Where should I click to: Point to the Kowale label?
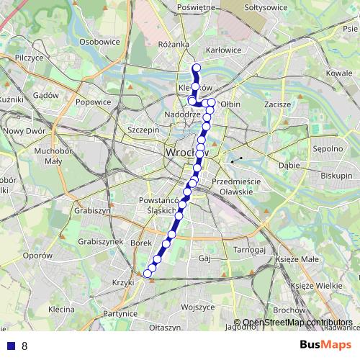click(x=339, y=73)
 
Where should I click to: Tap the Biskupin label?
click(x=336, y=176)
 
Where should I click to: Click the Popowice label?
click(x=93, y=102)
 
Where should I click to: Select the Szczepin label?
click(x=143, y=130)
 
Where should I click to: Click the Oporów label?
click(x=38, y=256)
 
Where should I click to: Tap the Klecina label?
click(x=61, y=309)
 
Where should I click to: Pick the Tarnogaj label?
click(x=250, y=250)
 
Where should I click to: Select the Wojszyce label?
click(x=198, y=307)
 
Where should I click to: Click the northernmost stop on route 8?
click(x=196, y=68)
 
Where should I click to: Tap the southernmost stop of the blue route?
click(x=148, y=273)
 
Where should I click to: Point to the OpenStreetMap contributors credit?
click(x=297, y=323)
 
